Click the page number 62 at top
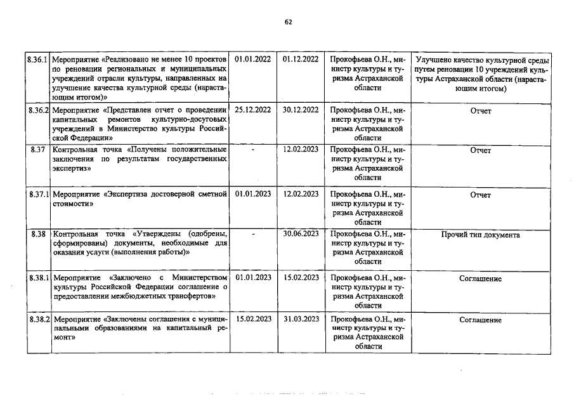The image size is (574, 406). pos(289,22)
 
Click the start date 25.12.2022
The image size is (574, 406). pos(252,110)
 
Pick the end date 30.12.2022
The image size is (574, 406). pos(301,110)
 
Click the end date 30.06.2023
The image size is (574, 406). pos(301,234)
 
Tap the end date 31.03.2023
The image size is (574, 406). pos(301,318)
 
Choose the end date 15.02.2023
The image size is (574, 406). pos(301,278)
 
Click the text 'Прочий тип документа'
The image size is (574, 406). pos(480,235)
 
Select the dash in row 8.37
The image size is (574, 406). pos(253,150)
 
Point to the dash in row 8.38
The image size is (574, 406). pos(253,234)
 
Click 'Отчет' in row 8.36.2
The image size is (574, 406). pos(480,110)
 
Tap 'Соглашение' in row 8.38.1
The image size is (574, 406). pos(480,278)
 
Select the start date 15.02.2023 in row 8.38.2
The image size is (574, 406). pos(252,318)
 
